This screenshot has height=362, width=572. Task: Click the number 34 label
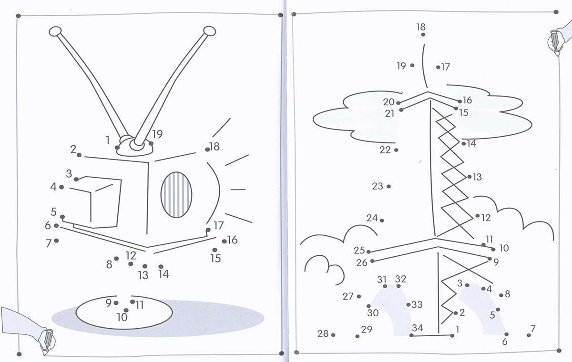click(418, 328)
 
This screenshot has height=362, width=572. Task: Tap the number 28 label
click(323, 333)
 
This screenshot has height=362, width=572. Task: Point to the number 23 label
click(378, 186)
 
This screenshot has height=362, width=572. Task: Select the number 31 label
click(382, 280)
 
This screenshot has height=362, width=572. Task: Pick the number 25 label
click(359, 250)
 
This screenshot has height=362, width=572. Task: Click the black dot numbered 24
click(382, 220)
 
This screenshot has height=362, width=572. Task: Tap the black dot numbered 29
click(357, 336)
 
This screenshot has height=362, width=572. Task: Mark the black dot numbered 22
click(396, 150)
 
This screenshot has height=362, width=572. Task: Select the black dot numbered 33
click(409, 305)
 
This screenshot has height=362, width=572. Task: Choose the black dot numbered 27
click(359, 296)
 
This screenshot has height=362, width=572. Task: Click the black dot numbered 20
click(398, 103)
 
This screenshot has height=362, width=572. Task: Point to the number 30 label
click(373, 313)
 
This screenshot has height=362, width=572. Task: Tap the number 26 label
click(362, 262)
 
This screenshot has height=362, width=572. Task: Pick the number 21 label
click(390, 113)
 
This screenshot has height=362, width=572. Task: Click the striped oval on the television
click(176, 195)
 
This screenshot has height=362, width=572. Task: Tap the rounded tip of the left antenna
click(56, 32)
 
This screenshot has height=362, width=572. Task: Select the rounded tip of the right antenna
click(209, 31)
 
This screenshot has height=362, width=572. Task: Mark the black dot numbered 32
click(398, 286)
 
